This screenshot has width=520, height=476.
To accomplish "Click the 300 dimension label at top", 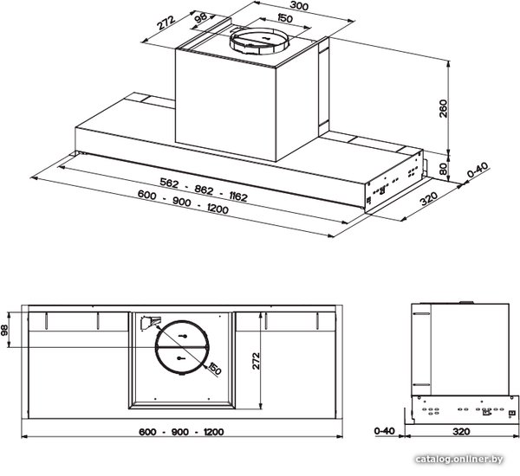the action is click(x=299, y=6).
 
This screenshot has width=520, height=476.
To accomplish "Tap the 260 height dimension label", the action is click(x=443, y=108).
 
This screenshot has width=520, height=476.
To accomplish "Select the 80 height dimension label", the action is click(x=443, y=169).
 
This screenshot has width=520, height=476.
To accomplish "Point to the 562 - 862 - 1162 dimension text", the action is click(x=204, y=190).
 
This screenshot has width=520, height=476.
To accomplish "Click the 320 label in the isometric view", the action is click(x=429, y=198).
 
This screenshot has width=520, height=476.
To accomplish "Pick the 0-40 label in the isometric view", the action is click(x=478, y=170).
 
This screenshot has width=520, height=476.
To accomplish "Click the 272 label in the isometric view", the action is click(x=166, y=23).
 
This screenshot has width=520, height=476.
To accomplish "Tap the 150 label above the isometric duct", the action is click(x=284, y=18).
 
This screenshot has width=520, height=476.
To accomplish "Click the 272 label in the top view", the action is click(x=256, y=361).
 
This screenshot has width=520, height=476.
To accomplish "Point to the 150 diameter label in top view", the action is click(x=214, y=369).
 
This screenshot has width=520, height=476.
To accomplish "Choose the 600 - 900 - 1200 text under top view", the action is click(x=181, y=432).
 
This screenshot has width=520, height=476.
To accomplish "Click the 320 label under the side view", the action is click(x=461, y=431).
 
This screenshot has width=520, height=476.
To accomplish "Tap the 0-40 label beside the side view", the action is click(x=384, y=431).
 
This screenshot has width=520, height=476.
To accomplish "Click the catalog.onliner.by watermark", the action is click(x=459, y=460).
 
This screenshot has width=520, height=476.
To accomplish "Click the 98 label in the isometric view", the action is click(x=201, y=17).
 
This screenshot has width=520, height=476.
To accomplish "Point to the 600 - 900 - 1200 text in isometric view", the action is click(x=183, y=202).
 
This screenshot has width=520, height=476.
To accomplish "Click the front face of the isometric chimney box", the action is click(x=225, y=105).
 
